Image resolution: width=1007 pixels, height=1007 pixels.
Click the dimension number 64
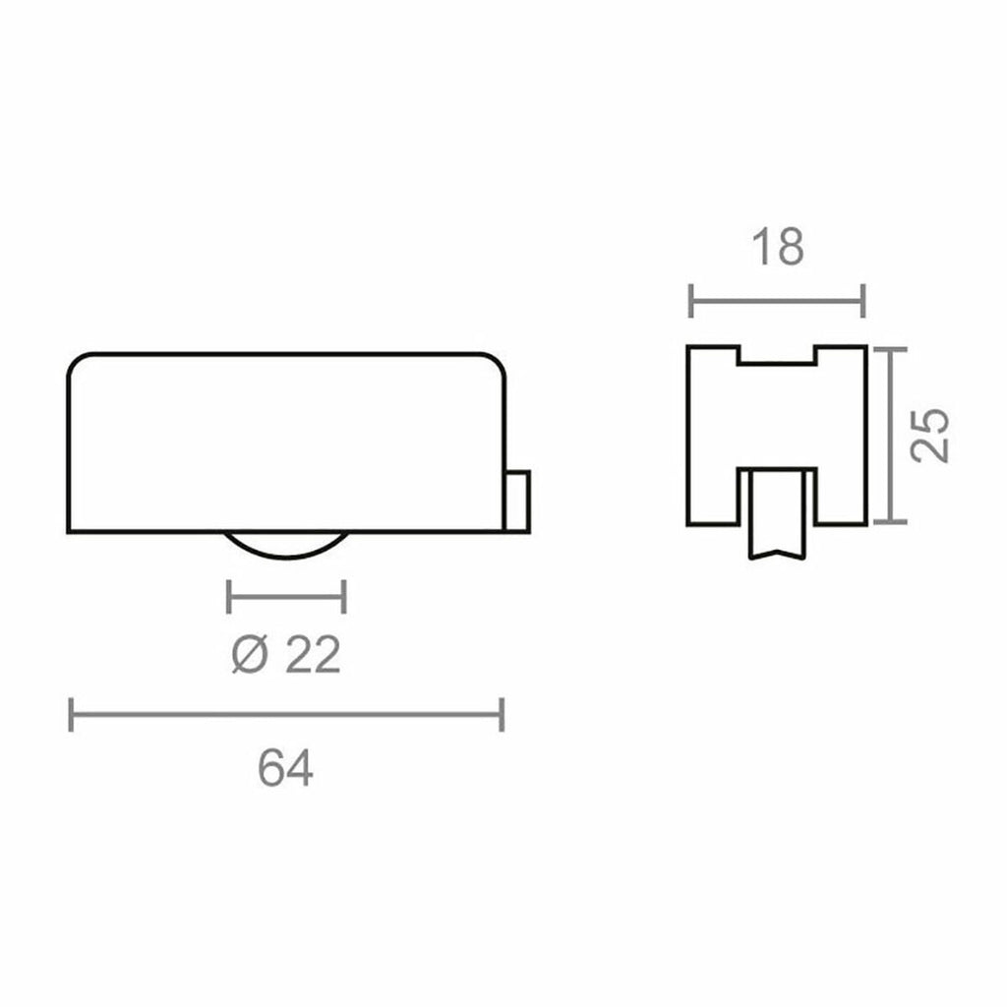[x=285, y=768]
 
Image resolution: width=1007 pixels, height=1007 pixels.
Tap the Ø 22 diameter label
[x=286, y=655]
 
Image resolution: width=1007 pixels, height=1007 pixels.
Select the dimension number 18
[x=777, y=248]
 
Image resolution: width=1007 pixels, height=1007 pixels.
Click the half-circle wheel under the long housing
[x=285, y=546]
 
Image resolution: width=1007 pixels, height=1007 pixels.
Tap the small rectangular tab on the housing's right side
[x=518, y=501]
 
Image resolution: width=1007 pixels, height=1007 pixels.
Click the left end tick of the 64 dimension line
[x=71, y=715]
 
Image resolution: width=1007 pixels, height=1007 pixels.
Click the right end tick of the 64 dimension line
[x=503, y=715]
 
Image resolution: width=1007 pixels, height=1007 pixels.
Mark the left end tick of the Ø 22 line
[x=228, y=596]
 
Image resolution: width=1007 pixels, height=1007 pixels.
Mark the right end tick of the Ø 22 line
[x=344, y=596]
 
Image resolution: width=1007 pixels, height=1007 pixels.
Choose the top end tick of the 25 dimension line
[x=890, y=348]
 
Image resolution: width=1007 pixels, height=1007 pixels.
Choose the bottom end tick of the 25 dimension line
[x=890, y=522]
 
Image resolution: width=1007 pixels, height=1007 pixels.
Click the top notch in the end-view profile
[x=777, y=355]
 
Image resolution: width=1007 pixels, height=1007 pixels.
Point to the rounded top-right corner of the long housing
[x=498, y=361]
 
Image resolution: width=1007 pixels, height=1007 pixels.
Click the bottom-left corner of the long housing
[x=70, y=531]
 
